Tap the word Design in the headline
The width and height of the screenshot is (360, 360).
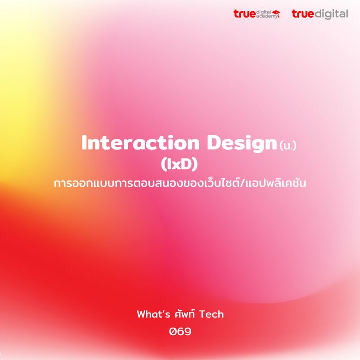click(x=241, y=143)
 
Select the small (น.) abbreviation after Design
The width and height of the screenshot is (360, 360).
click(x=288, y=146)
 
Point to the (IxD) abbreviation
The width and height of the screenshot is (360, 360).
click(x=180, y=165)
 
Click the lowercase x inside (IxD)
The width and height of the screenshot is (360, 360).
click(x=179, y=166)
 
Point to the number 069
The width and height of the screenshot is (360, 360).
click(x=180, y=332)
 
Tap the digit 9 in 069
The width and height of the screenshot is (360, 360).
click(x=188, y=332)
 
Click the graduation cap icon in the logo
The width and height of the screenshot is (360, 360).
click(x=276, y=12)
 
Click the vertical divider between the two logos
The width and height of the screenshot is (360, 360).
click(x=286, y=14)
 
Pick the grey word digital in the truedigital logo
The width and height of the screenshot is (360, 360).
click(x=330, y=14)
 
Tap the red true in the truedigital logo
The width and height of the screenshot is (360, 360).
click(x=302, y=14)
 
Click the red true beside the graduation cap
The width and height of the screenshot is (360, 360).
click(x=243, y=14)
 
